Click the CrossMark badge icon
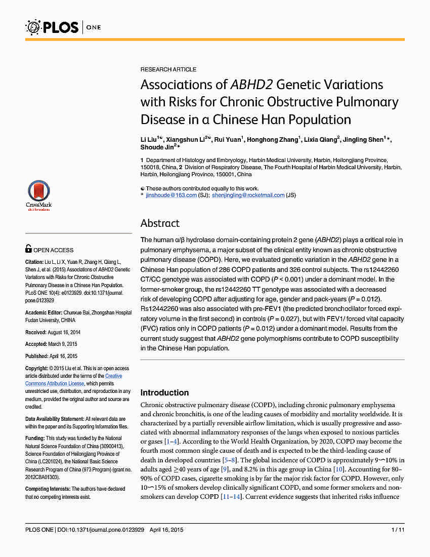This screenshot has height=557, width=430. point(39,195)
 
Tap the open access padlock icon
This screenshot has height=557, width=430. point(28,249)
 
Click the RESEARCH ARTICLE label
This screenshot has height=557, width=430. point(168,69)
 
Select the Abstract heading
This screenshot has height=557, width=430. point(160,223)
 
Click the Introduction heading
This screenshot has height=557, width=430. point(164,392)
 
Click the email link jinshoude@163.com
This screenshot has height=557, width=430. point(171,195)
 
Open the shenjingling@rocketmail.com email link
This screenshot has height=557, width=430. point(248,195)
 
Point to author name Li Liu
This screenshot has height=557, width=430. point(150,139)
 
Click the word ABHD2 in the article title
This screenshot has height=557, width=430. point(252,85)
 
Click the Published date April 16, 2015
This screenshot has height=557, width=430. point(63,356)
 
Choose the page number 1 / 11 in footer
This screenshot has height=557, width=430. point(398,530)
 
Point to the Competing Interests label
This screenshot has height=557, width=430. point(48,489)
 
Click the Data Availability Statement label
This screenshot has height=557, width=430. point(55,419)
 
